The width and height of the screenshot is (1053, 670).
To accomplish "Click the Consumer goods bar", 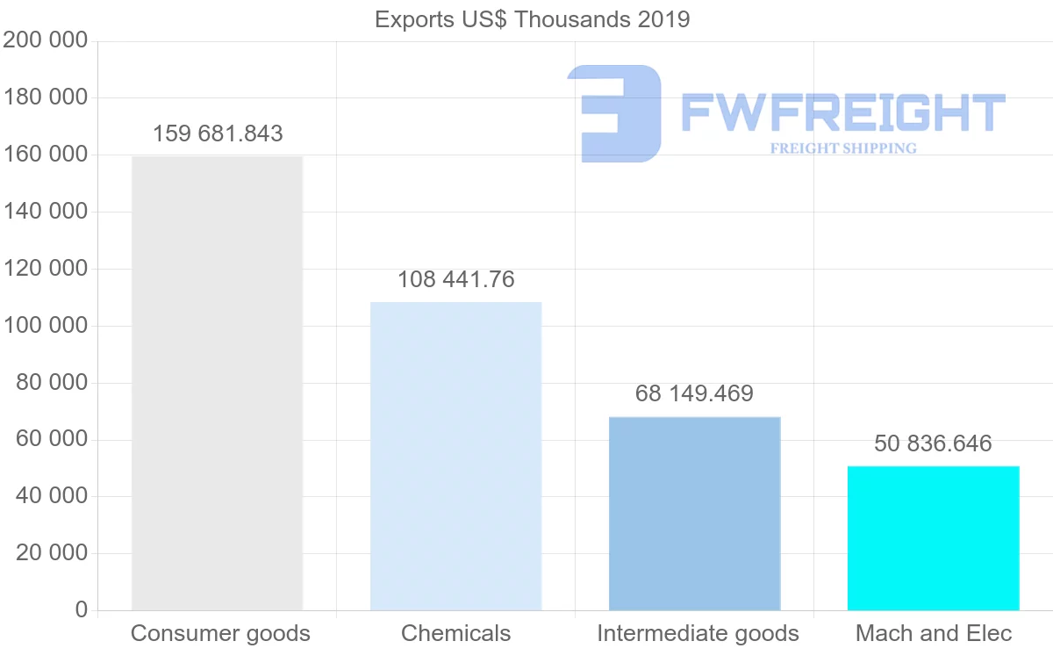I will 217,383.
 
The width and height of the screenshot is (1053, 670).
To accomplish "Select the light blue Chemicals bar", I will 455,456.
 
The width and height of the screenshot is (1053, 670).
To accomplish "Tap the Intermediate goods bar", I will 694,513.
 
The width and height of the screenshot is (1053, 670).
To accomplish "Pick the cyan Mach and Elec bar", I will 933,537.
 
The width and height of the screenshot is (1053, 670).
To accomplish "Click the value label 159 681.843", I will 218,133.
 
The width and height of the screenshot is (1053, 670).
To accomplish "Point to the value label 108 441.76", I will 455,279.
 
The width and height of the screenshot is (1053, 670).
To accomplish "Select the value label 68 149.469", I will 694,393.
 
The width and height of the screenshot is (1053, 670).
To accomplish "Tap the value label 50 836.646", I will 933,443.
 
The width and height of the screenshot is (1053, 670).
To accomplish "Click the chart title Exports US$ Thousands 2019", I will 532,19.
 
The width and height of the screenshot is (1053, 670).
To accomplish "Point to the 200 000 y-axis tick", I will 46,40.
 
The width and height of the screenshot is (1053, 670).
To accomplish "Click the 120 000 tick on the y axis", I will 46,269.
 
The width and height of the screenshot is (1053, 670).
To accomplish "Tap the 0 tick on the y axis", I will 82,609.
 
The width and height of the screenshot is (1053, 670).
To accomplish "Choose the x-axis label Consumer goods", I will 220,633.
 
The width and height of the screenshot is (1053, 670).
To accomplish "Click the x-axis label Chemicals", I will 455,633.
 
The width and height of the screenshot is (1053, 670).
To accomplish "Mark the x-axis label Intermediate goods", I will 698,633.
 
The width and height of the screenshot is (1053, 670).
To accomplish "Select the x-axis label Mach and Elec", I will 934,633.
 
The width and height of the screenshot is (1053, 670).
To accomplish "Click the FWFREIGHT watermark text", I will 842,112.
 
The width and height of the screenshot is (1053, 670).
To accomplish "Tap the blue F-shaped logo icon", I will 614,112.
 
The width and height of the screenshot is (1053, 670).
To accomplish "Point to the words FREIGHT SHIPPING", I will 843,148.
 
